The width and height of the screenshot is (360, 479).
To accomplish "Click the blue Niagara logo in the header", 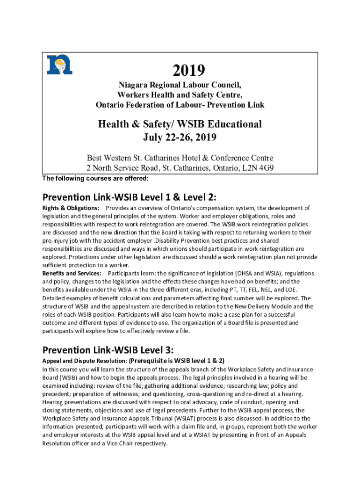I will pos(59,65).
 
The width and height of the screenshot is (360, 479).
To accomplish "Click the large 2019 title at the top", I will pos(189,71).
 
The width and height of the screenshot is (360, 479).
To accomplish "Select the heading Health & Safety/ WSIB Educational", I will pos(180,124).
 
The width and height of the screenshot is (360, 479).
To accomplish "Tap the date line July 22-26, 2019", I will pos(180,138).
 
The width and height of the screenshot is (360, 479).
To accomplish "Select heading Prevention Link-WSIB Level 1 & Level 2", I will pos(130,196).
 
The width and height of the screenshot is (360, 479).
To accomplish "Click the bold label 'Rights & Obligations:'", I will pos(71,208).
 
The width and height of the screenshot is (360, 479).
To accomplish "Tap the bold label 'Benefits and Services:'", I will pos(72,273).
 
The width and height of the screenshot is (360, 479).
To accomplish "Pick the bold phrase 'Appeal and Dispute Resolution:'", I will pos(84,361).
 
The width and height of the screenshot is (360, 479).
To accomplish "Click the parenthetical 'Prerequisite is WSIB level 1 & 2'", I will pos(177,361).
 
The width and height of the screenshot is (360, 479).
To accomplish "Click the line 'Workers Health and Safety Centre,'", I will pos(180,95).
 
